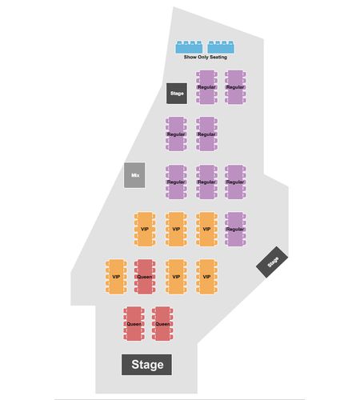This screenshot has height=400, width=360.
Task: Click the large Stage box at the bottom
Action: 146,365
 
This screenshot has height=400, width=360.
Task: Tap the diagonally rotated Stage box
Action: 272,262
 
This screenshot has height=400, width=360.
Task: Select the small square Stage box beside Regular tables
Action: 177,94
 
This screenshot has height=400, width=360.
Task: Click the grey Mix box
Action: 134,175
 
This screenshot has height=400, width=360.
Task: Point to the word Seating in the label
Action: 218,57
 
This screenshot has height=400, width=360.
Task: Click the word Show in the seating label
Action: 190,57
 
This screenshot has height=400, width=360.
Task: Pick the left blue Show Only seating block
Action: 189,47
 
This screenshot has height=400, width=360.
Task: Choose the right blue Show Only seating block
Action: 222,47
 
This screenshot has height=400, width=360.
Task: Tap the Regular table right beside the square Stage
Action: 207,87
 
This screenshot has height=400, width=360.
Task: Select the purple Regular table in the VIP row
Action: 235,229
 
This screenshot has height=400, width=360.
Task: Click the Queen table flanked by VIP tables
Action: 145,277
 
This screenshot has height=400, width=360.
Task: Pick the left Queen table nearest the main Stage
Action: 134,324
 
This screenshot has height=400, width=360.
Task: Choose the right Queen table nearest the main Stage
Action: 162,324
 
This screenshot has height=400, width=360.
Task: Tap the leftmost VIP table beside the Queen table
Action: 116,277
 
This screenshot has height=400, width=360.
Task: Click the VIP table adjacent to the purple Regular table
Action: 207,229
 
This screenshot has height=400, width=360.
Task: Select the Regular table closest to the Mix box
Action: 176,182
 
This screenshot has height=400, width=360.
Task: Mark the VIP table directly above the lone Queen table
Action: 145,229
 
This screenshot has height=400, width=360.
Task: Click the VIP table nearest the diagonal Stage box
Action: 207,277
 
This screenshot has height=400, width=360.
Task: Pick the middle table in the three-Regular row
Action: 207,182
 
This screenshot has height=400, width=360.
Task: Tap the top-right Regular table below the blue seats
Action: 235,87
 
